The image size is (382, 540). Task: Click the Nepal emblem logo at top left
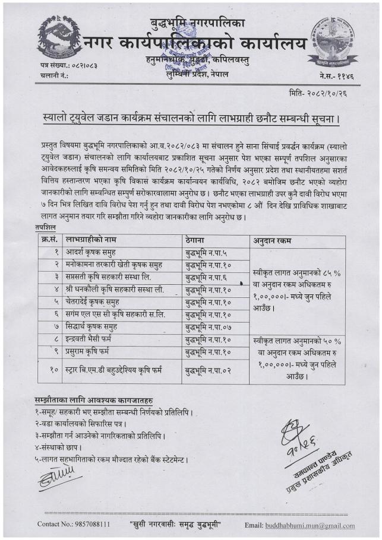[59, 36]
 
